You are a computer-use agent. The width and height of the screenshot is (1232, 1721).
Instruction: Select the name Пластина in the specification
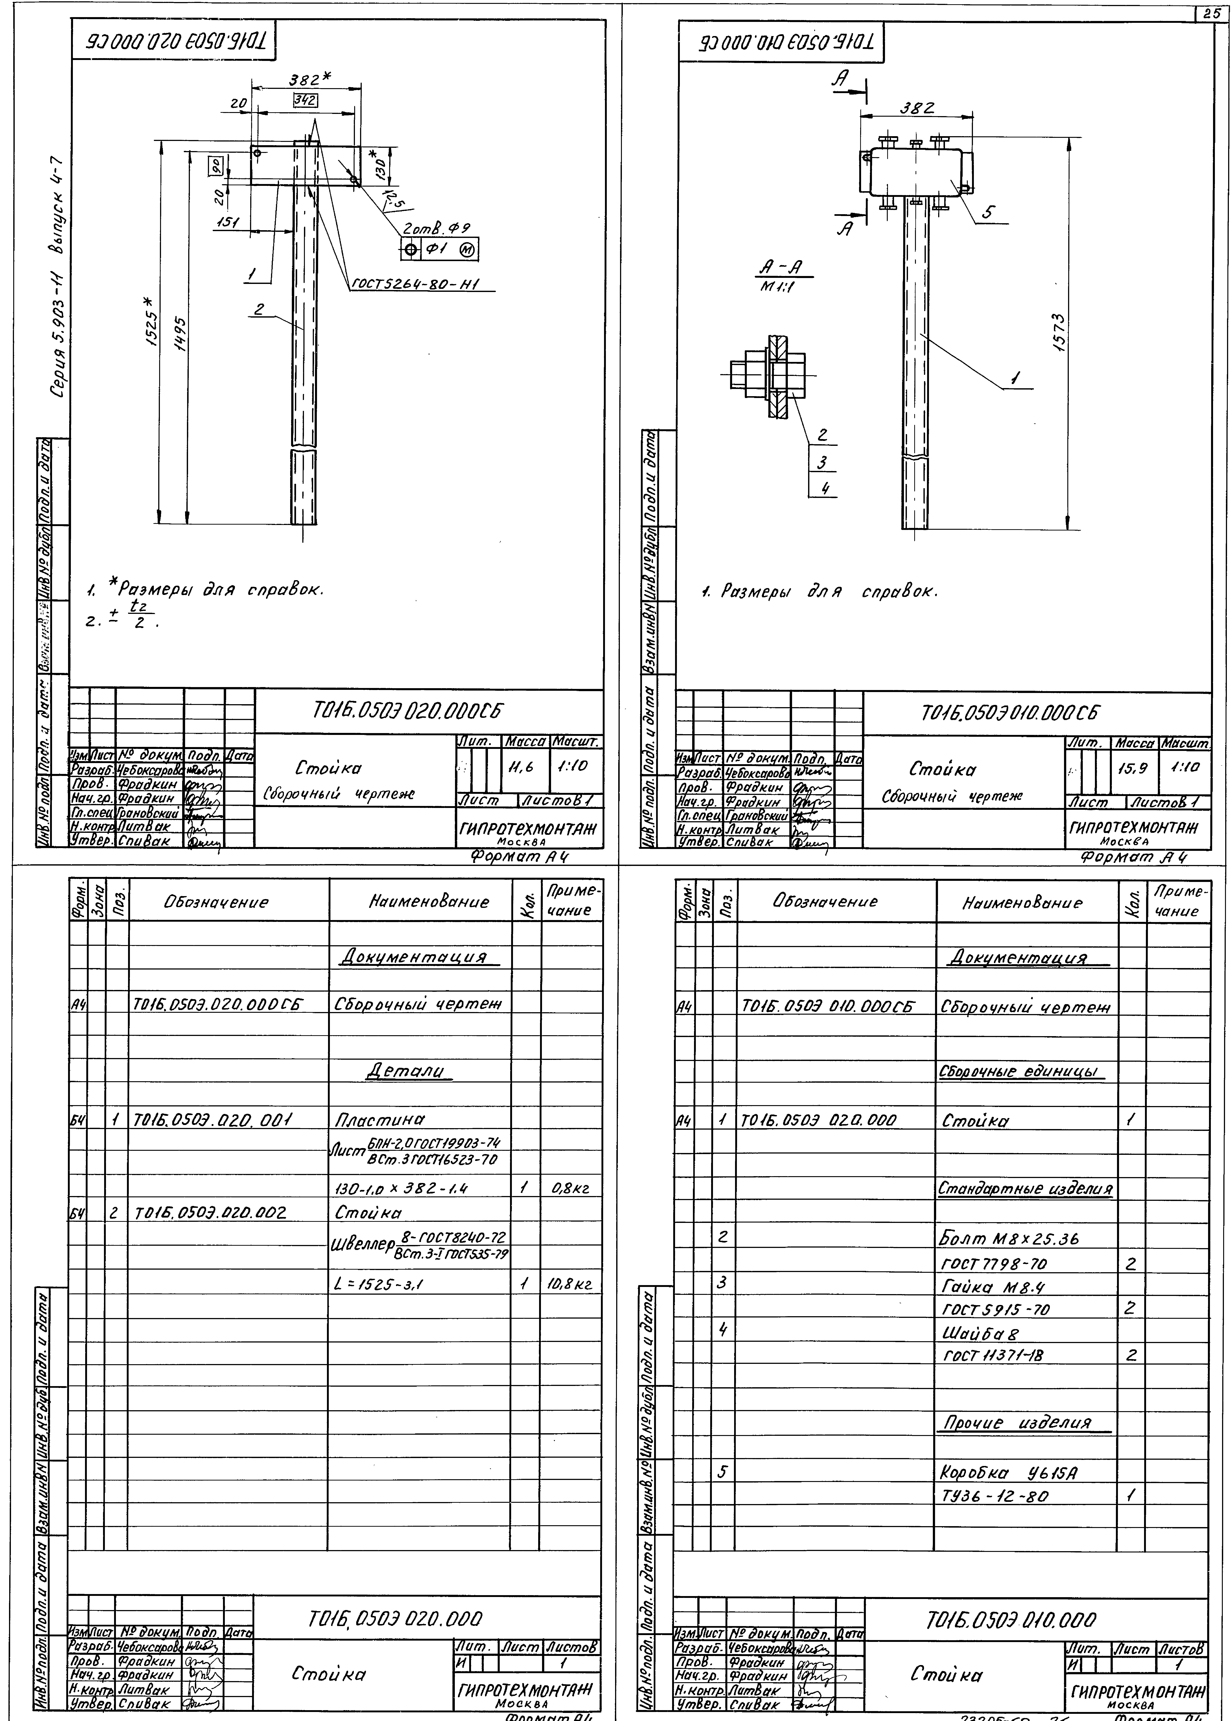point(379,1119)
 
